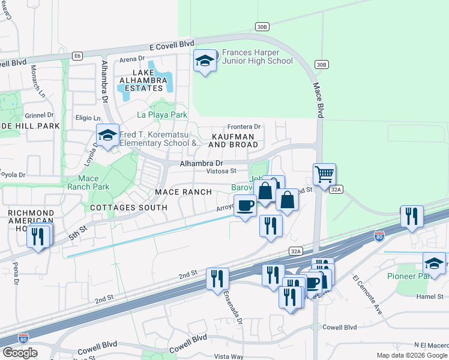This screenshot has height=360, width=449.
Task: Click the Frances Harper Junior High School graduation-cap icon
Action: tap(205, 61)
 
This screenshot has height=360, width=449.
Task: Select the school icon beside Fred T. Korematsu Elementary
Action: tap(107, 136)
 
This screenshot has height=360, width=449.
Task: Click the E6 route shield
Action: tap(77, 56)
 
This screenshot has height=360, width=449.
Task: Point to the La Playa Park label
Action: tap(162, 115)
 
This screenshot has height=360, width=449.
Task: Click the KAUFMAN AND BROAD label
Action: tap(233, 140)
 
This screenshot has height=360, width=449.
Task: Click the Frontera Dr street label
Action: tap(244, 127)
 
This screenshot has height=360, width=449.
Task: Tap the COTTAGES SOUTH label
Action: tap(128, 208)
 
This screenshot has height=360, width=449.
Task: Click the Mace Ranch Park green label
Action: tap(93, 182)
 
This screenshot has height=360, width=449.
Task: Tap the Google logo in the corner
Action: tap(20, 352)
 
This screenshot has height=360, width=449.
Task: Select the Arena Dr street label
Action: tap(132, 59)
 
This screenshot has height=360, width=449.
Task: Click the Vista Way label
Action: tap(228, 356)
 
